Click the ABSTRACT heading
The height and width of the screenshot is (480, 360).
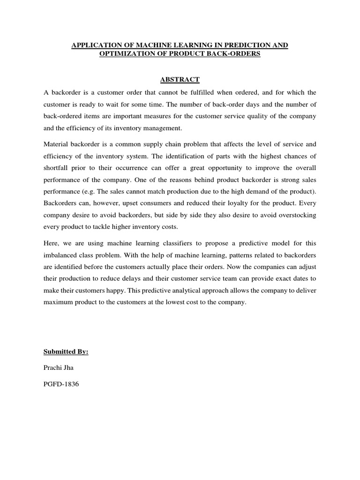point(180,79)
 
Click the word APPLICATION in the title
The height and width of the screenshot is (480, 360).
point(94,45)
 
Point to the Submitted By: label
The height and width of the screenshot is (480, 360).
point(66,351)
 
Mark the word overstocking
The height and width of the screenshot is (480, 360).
point(295,215)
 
